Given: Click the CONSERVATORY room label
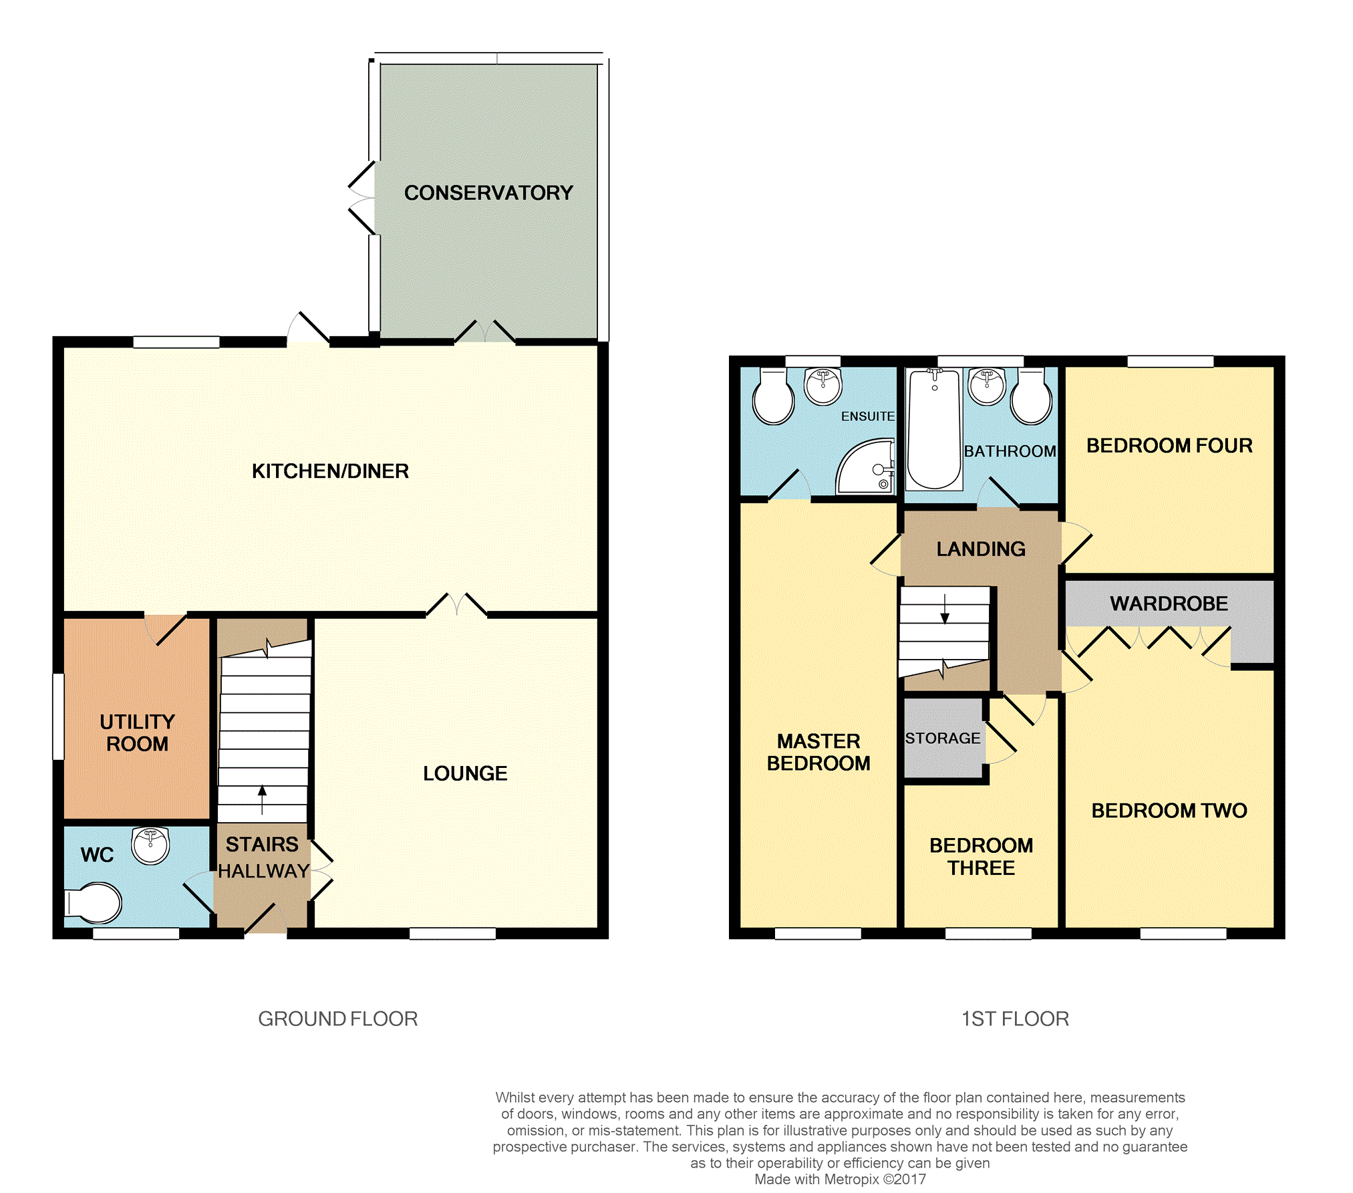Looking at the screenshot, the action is pos(488,192).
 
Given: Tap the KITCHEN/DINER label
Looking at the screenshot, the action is pos(330,471).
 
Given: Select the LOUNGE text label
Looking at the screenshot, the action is pos(465,773).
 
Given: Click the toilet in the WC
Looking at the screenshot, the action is pos(94,904).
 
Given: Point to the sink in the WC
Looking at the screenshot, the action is pos(150,845).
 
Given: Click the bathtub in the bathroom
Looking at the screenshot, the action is pos(934,428).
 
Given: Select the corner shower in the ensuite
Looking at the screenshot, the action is pos(865,467).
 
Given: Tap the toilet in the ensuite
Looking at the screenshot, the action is pos(774,397).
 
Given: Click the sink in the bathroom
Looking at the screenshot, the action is pos(987,386).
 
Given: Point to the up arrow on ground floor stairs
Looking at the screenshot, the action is pos(262,799).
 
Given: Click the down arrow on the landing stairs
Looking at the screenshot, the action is pos(945,608).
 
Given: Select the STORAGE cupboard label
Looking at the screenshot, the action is pos(943,738).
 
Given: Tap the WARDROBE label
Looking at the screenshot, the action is pos(1169,604).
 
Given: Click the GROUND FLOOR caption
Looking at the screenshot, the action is pos(338,1019).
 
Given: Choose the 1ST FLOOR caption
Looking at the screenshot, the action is pos(1015,1019).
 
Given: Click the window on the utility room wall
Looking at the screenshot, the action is pos(58,716).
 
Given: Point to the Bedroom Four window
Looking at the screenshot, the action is pos(1171,362).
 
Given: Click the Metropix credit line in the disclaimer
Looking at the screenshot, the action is pos(841,1180).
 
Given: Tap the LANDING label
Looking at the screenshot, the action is pos(981,549).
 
